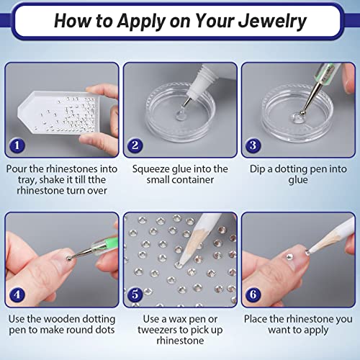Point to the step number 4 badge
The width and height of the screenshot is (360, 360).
pos(17,294)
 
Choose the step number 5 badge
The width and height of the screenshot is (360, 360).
pos(135,294)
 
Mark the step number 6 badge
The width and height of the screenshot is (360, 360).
pos(253,294)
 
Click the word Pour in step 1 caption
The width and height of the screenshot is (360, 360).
pos(20,168)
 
